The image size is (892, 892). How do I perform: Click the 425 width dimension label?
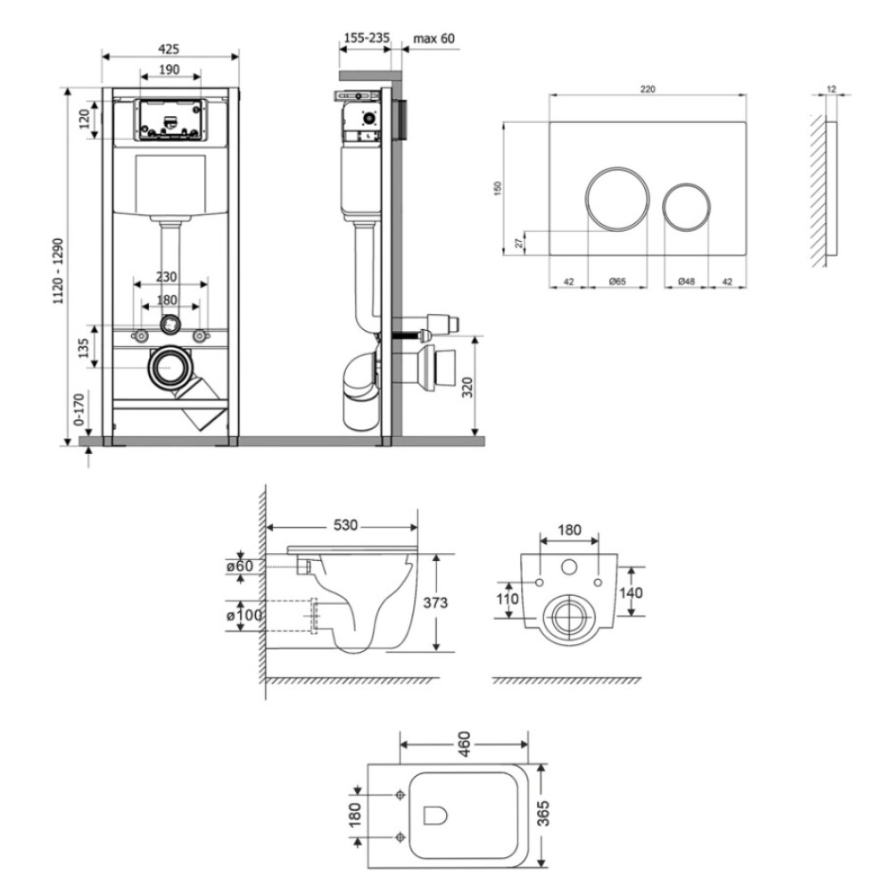click(169, 49)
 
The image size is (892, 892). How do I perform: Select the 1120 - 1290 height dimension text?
click(59, 271)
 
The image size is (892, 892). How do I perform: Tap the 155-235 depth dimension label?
click(367, 38)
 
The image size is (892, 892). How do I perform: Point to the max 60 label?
click(434, 38)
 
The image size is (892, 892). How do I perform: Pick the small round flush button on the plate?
click(687, 207)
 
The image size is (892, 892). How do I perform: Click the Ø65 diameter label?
click(617, 281)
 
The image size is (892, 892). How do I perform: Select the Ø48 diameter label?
click(687, 281)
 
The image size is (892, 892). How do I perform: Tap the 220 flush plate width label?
click(648, 88)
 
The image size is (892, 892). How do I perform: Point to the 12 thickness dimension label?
click(831, 88)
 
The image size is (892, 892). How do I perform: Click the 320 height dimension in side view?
click(467, 387)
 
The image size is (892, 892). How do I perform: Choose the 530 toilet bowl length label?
click(345, 525)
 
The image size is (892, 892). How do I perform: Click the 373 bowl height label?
click(435, 602)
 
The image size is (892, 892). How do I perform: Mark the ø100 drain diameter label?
click(244, 615)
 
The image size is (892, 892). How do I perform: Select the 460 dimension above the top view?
click(464, 744)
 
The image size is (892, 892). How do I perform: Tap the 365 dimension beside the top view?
click(543, 813)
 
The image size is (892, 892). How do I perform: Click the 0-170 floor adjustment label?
click(79, 409)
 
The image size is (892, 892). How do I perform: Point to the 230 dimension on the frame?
click(166, 277)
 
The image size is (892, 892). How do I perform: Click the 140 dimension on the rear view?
click(631, 593)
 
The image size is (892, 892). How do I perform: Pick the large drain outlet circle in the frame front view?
click(169, 368)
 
